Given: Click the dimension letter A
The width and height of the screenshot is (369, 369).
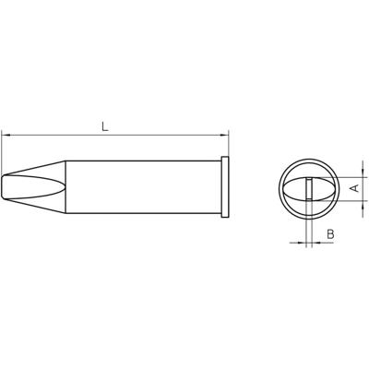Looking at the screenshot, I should (354, 187).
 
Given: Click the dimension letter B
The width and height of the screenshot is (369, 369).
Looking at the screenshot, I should (329, 236).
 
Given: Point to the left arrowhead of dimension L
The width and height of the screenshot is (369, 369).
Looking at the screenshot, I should (7, 136).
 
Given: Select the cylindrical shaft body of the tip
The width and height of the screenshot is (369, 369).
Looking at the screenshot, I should (138, 187).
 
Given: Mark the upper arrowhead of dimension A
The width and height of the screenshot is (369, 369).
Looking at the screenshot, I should (343, 176).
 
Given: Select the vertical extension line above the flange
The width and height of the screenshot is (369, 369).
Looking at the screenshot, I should (227, 148).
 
